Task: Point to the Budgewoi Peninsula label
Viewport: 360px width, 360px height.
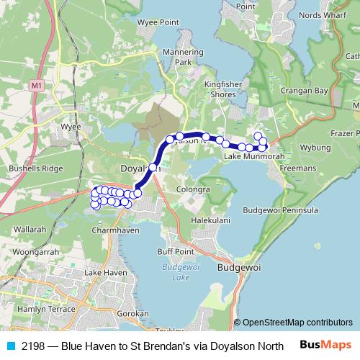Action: (280, 210)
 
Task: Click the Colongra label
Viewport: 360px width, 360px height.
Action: (193, 189)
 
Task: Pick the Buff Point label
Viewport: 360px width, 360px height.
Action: (176, 252)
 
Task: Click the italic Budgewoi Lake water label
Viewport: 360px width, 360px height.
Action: (176, 271)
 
